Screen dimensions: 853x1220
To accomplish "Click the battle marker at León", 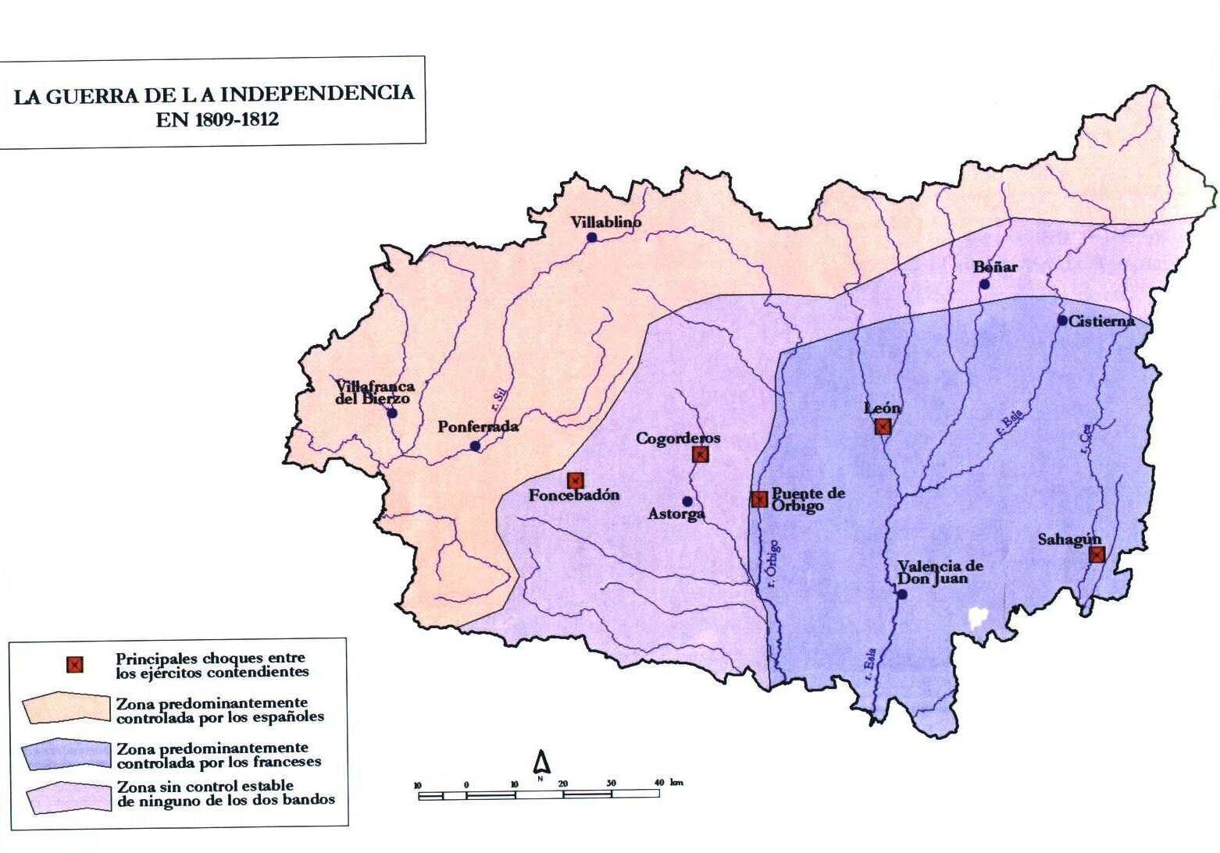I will coord(883,426).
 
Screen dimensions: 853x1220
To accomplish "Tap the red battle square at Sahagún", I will coord(1097,554).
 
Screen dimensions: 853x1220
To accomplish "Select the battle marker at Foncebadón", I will coord(576,481).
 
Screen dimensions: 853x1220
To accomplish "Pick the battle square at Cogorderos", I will coord(701,454).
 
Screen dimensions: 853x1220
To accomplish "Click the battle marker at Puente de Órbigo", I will coord(759,499).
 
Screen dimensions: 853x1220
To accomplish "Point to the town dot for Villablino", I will coord(592,236).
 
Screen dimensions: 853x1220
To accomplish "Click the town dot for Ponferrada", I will coord(475,446).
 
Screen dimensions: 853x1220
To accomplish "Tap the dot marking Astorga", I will coord(687,501).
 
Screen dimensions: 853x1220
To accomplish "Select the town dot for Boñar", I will coord(985,284).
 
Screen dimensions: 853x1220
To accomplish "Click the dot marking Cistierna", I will coord(1062,320).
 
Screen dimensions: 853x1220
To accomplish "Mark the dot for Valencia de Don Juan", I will coord(901,594).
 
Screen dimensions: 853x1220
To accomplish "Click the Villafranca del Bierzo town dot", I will coord(392,413).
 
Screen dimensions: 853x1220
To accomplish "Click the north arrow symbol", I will coord(541,762).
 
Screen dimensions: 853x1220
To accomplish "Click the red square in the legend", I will coord(74,665).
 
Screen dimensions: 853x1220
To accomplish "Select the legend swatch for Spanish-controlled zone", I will coord(66,708).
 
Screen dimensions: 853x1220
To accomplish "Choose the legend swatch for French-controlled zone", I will coord(66,754).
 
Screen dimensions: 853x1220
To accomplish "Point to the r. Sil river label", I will coord(497,399).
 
